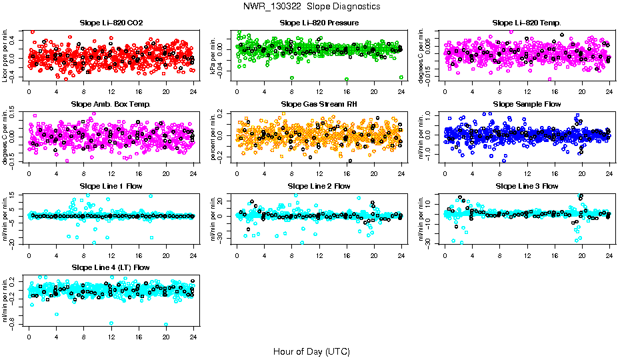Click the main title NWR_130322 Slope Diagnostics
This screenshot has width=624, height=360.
tap(311, 6)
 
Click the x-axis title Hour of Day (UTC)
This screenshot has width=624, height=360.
tap(311, 351)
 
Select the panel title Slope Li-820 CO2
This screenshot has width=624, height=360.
tap(111, 23)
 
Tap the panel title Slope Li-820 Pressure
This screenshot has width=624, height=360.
tap(319, 23)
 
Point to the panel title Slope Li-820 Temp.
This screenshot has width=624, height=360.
tap(527, 23)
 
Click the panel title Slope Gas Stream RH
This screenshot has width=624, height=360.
tap(319, 105)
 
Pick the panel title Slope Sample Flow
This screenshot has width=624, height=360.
tap(527, 105)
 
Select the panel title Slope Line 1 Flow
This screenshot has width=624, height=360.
tap(111, 186)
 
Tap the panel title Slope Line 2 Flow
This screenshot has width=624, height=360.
tap(319, 186)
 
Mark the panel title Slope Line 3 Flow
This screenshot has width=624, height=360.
tap(527, 186)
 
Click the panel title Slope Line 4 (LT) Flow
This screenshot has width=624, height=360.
tap(111, 267)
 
